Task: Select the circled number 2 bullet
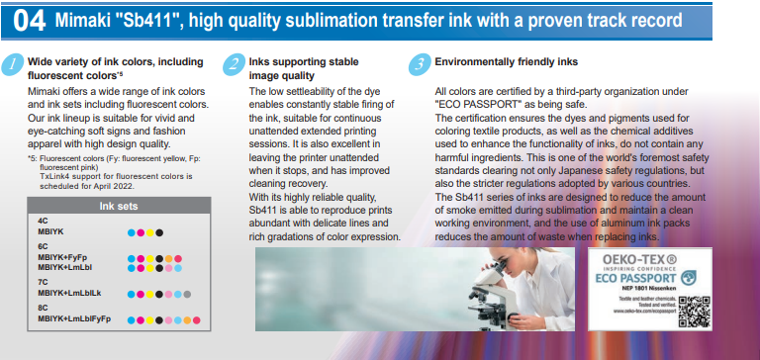(x=233, y=64)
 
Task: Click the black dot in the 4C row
(x=159, y=233)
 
